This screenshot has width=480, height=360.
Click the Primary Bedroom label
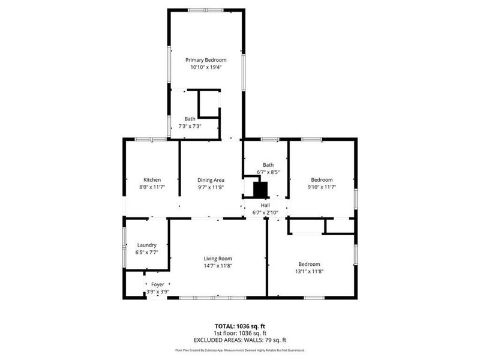[206, 60]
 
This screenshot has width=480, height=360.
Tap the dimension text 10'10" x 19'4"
[206, 67]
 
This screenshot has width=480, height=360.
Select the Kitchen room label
[152, 180]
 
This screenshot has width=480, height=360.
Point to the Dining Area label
[211, 180]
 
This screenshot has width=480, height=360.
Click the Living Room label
[217, 259]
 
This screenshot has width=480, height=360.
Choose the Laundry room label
[147, 245]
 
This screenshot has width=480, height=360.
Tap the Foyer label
[158, 284]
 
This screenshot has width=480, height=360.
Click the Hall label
[265, 205]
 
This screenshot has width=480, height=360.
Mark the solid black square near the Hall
[259, 189]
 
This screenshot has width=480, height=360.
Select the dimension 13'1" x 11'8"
[309, 272]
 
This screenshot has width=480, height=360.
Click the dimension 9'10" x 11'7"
[322, 187]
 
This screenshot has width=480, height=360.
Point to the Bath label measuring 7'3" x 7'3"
[190, 119]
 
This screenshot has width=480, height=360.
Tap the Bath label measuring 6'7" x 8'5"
[268, 165]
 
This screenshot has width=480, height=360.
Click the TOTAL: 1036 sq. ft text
[239, 326]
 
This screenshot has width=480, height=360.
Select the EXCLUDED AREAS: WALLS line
[239, 340]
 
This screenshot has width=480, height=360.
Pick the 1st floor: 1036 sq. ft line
[239, 333]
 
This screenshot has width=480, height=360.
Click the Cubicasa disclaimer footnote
[239, 350]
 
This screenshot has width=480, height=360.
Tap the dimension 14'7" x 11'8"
[217, 266]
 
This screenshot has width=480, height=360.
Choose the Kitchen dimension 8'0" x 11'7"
[152, 187]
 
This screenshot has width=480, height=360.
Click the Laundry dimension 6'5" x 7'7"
[147, 252]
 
